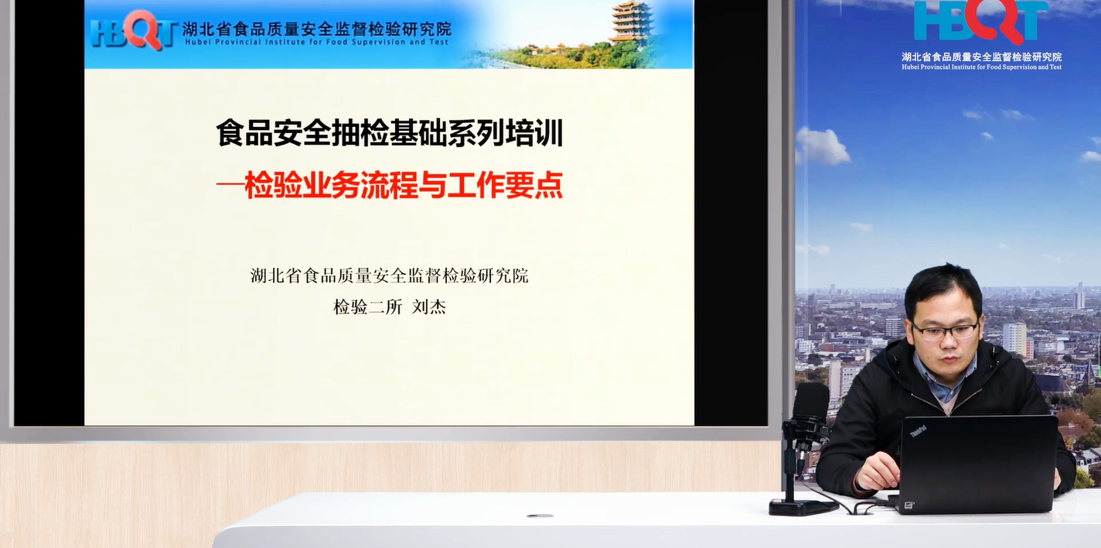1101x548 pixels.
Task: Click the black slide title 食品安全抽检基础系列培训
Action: click(389, 133)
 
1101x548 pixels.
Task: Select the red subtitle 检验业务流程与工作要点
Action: click(404, 185)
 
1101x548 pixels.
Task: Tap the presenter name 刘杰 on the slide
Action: click(428, 307)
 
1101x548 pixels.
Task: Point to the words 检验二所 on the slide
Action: click(368, 307)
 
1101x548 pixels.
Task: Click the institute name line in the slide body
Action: click(389, 276)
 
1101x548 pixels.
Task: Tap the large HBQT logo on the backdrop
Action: click(981, 22)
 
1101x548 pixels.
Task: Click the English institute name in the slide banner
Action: click(316, 43)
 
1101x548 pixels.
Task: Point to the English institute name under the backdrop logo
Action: click(982, 67)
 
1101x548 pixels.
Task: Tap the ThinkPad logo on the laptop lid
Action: click(918, 431)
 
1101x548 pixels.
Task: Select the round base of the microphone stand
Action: click(803, 507)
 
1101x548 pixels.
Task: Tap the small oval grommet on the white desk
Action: click(540, 516)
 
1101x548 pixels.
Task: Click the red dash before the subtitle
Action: click(230, 185)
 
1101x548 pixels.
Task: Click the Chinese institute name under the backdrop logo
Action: click(982, 57)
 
